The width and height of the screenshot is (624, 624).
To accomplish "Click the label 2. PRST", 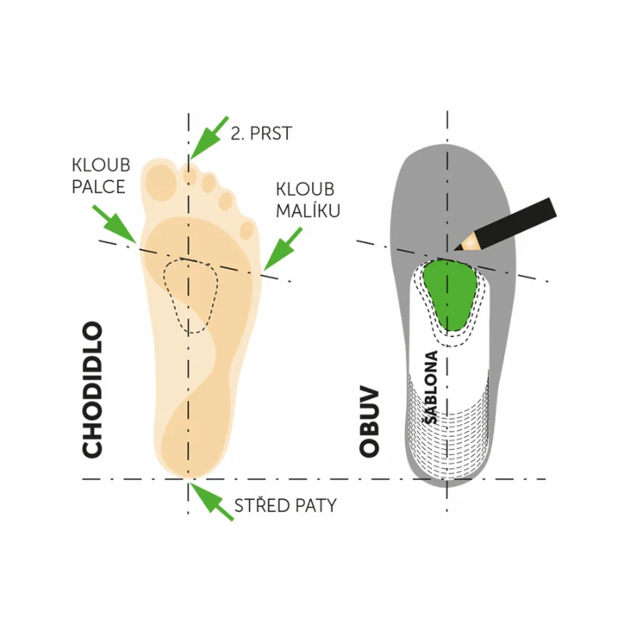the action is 261,133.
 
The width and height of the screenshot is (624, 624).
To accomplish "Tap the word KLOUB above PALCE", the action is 101,165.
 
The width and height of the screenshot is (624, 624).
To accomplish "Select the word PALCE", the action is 99,186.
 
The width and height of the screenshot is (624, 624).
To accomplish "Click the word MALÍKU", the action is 308,211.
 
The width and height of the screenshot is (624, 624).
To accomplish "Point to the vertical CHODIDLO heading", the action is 92,389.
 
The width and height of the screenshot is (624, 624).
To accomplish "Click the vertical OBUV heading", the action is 369,421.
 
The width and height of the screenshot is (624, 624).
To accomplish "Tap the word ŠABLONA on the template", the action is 431,387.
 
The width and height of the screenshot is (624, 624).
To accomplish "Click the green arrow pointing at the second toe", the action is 209,138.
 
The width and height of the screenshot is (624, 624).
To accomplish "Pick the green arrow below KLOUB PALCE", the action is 115,224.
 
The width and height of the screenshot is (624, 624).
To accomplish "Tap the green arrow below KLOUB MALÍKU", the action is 282,250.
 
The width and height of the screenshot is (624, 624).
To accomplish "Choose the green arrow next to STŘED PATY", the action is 211,501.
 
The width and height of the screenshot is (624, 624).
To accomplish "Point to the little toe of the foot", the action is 247,230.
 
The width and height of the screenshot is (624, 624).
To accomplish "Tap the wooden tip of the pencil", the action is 466,243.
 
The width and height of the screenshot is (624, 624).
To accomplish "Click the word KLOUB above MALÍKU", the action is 305,190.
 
